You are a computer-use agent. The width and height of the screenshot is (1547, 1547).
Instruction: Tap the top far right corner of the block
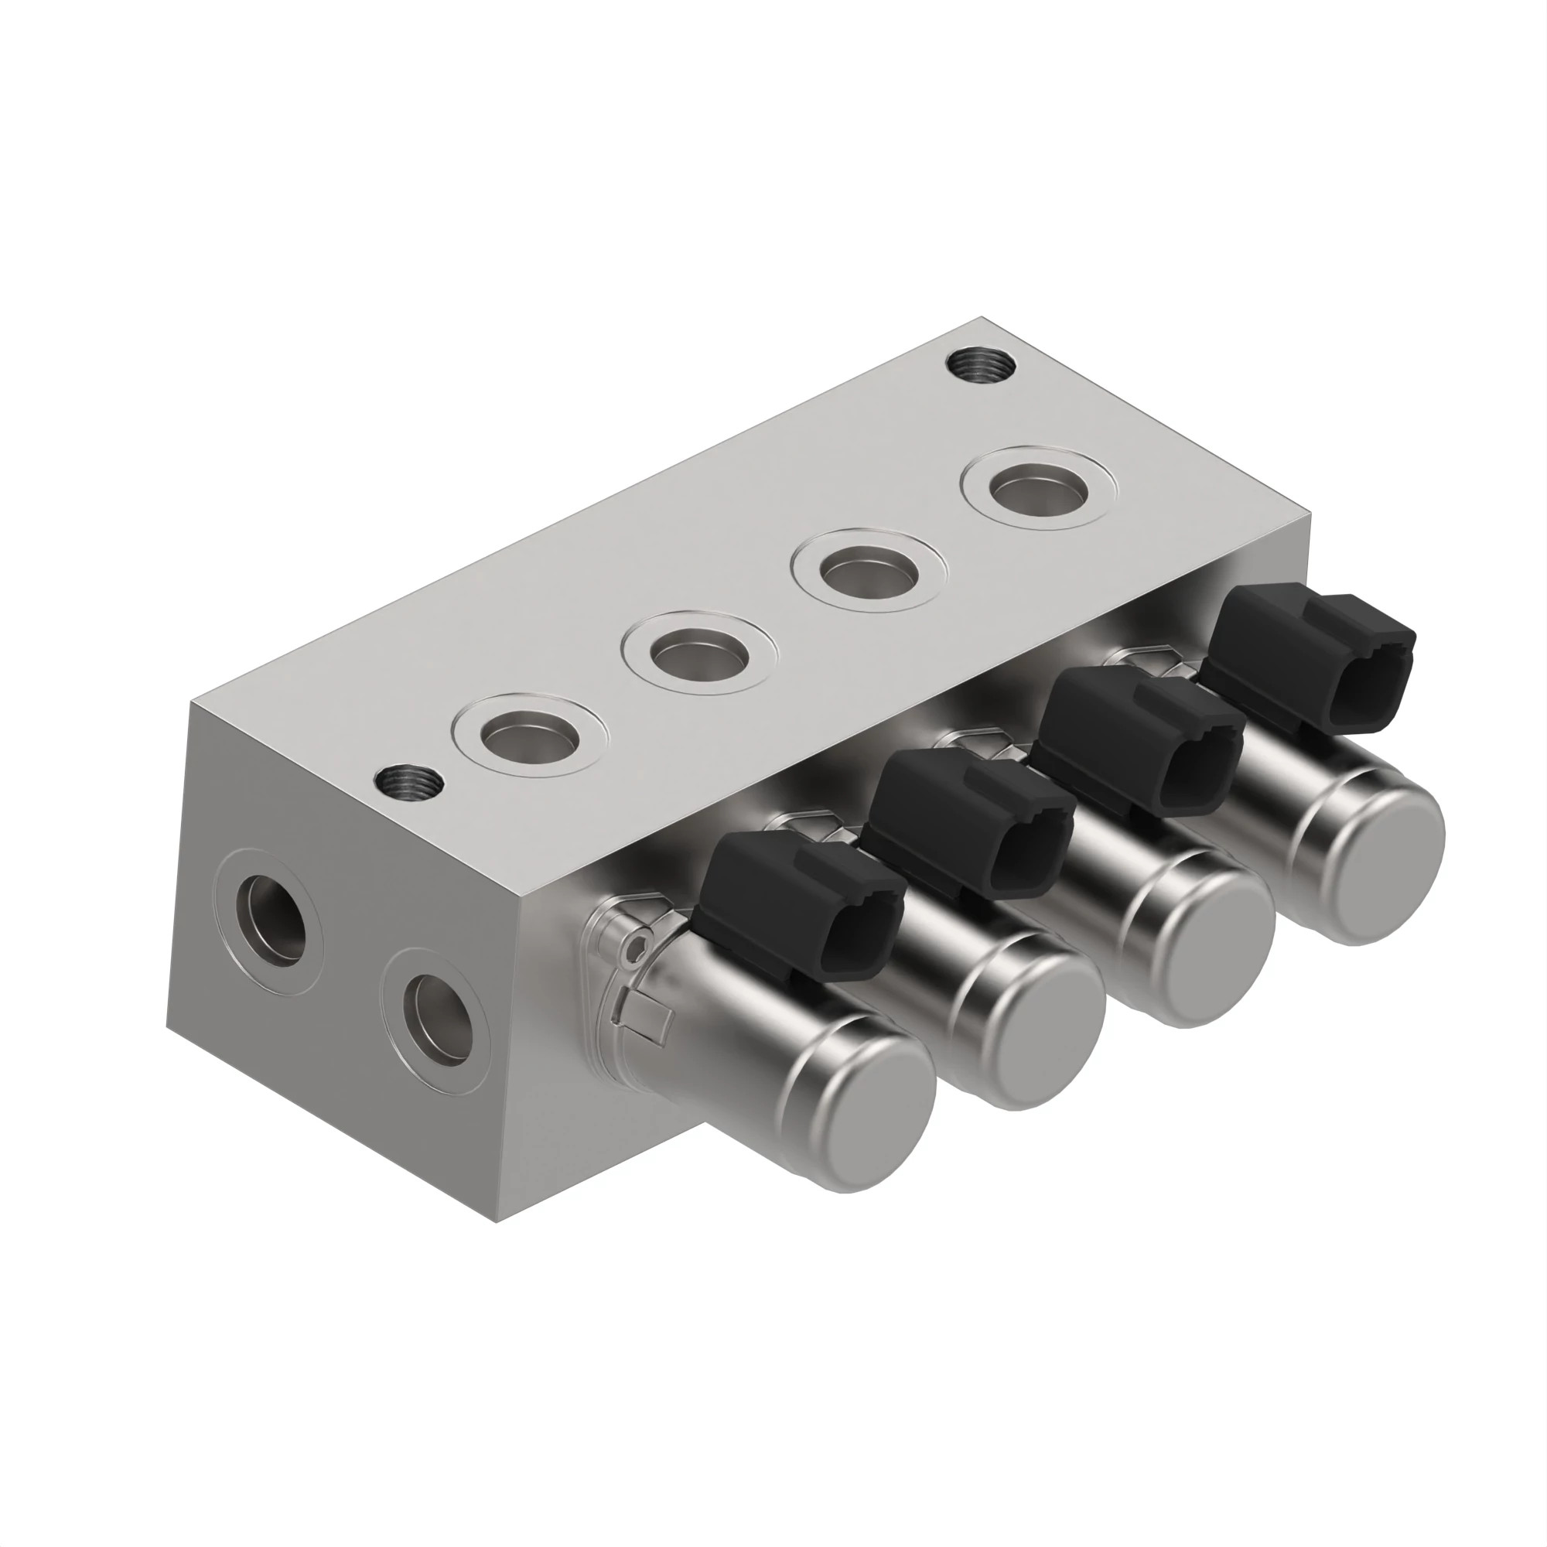[x=1312, y=514]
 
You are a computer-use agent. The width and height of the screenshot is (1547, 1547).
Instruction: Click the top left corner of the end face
[x=190, y=702]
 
